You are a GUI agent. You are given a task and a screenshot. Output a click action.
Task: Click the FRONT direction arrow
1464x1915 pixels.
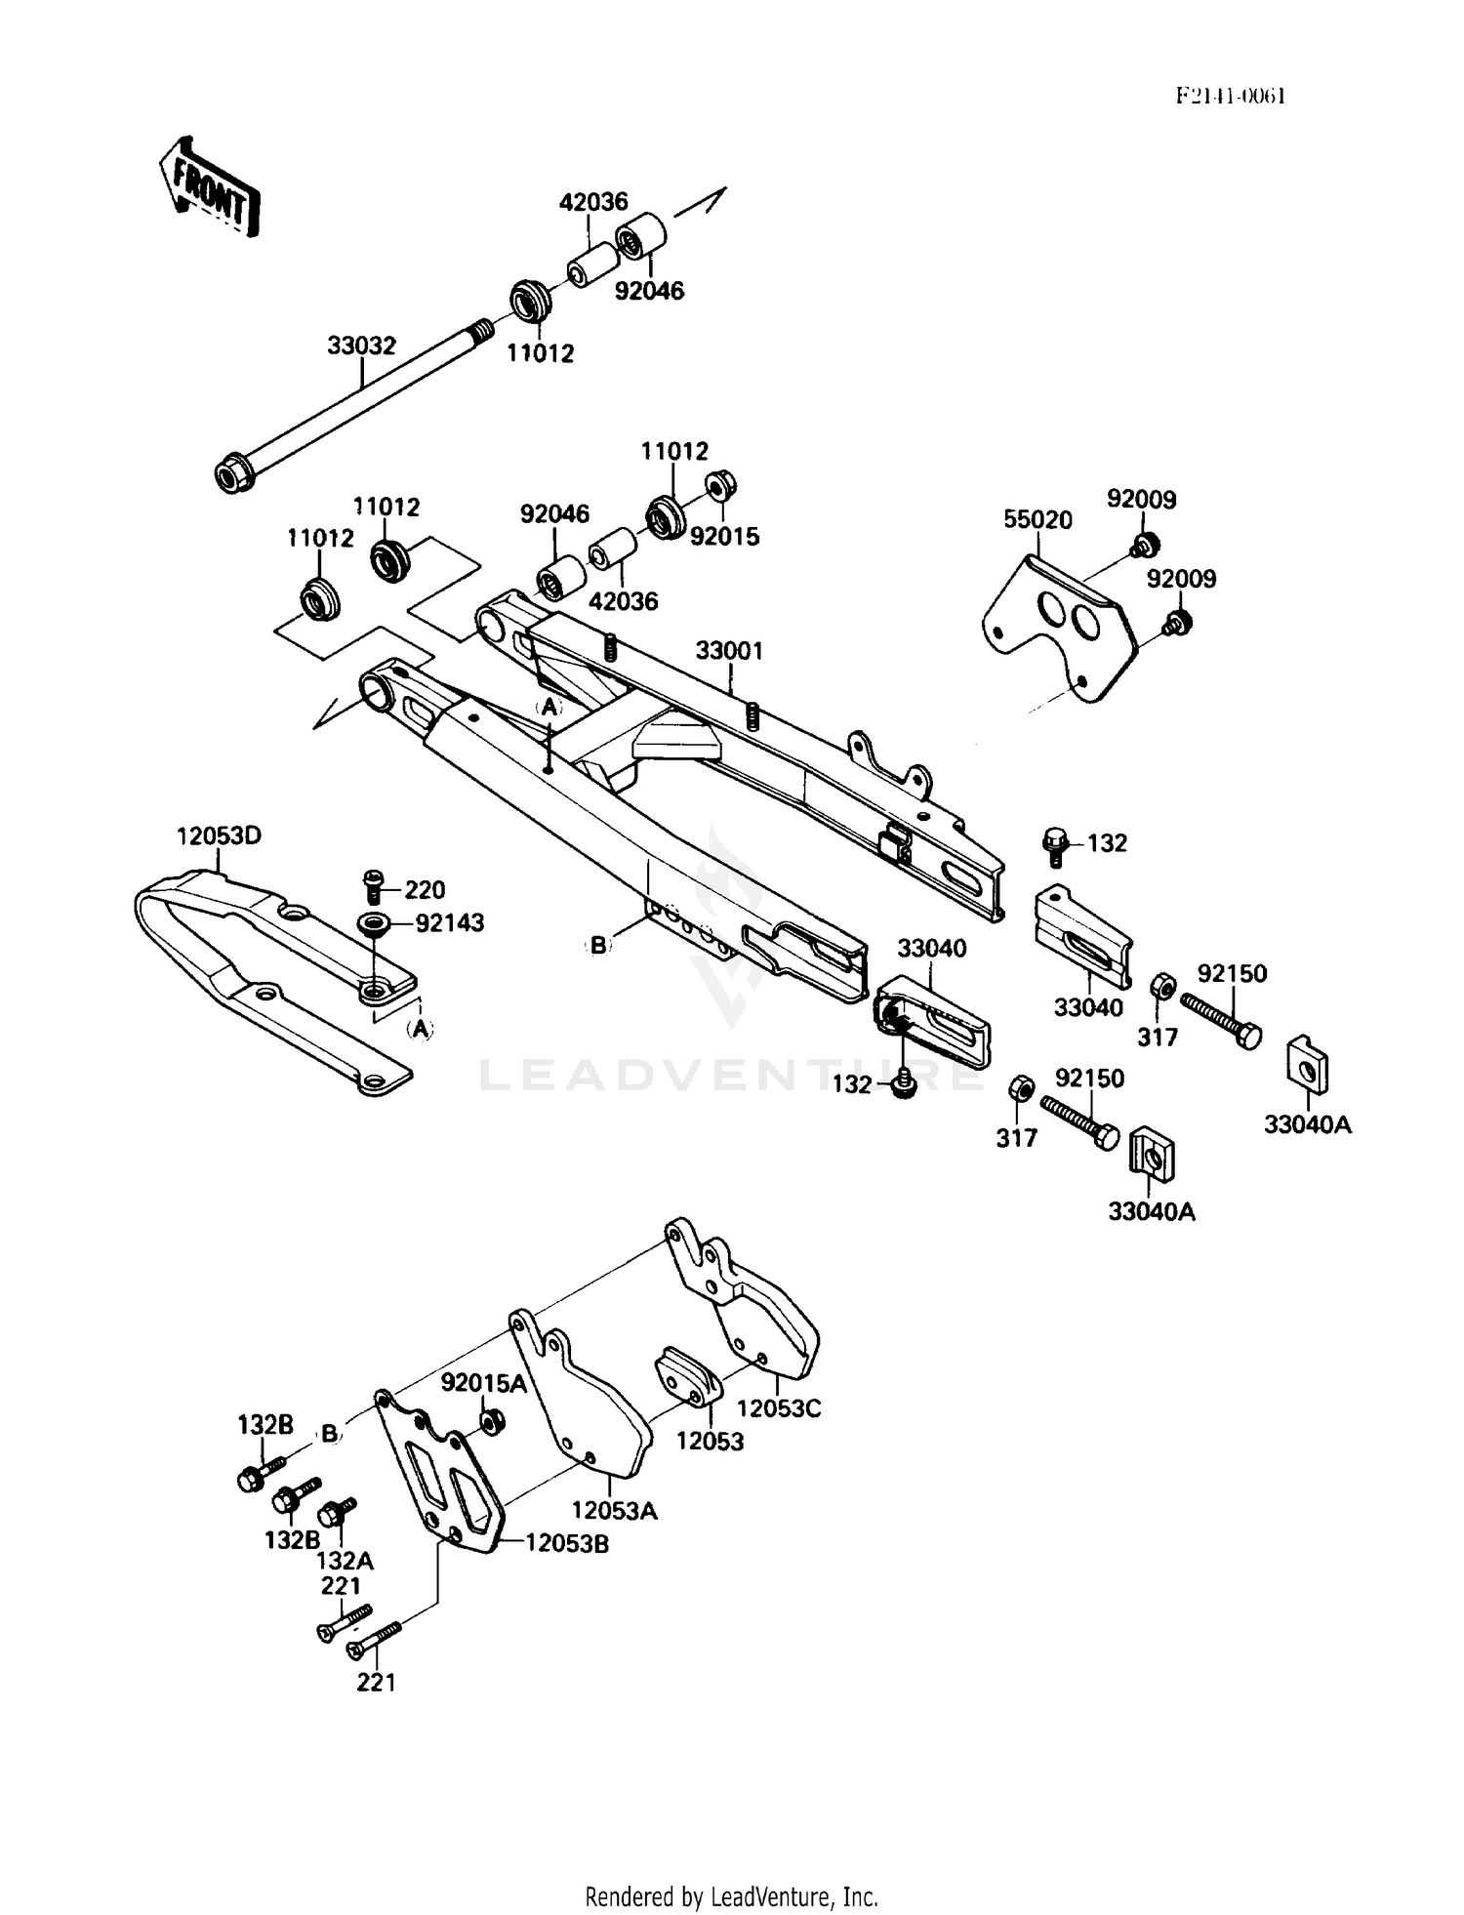click(210, 185)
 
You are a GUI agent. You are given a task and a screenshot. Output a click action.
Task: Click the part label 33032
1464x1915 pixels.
click(361, 346)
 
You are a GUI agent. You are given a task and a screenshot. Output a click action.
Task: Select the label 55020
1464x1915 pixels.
click(1037, 519)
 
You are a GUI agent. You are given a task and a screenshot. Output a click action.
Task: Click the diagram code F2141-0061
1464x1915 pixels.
click(1230, 96)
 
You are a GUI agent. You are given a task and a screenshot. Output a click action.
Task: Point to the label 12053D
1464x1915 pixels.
click(219, 835)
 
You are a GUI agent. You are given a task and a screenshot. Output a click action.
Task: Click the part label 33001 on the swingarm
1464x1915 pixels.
click(729, 650)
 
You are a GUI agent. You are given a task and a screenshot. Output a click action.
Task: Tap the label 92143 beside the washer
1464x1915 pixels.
click(449, 922)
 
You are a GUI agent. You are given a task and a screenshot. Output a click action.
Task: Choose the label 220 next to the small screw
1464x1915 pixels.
click(425, 889)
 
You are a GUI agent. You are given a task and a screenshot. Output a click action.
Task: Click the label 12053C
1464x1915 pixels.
click(779, 1408)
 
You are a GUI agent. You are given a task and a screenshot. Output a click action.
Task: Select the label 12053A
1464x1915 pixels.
click(614, 1510)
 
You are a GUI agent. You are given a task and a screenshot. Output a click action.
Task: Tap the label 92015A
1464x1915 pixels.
click(483, 1383)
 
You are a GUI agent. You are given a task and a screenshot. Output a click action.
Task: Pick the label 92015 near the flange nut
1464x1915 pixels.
click(724, 536)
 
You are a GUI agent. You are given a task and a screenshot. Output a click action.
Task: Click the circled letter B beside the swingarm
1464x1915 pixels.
click(598, 945)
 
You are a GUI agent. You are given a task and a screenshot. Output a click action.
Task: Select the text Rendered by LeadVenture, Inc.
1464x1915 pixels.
click(731, 1896)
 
